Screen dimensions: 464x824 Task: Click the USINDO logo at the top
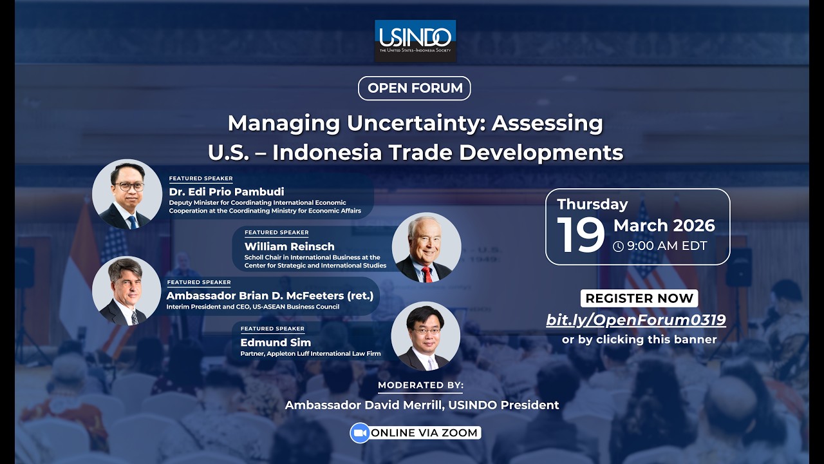click(415, 40)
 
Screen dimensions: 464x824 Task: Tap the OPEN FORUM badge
click(415, 88)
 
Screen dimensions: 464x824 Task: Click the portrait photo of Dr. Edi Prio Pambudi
click(127, 194)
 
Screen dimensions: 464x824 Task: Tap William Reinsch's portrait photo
click(426, 247)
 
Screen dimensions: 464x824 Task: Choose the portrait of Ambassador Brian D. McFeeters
click(127, 291)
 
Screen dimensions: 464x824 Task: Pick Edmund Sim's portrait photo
click(426, 336)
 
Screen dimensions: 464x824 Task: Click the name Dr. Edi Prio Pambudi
click(226, 191)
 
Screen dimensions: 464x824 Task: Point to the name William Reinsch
click(289, 246)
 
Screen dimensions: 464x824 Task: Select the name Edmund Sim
click(276, 342)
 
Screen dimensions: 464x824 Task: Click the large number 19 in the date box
click(581, 235)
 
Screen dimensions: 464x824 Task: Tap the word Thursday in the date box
click(592, 204)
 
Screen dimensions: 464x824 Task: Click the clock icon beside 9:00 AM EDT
click(618, 246)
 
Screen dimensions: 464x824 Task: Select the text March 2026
click(664, 226)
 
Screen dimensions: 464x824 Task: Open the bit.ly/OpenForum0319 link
click(636, 320)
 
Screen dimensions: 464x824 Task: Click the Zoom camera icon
click(360, 432)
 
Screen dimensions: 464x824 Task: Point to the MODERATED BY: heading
click(420, 385)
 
